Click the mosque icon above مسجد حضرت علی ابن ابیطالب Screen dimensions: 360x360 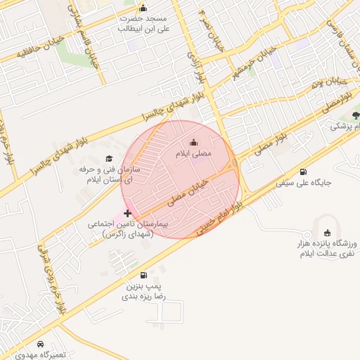click(x=143, y=9)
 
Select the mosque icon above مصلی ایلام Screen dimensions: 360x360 click(x=194, y=143)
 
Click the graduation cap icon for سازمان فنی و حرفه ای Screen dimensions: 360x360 click(x=108, y=158)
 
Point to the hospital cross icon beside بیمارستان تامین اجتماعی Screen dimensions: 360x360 click(x=127, y=212)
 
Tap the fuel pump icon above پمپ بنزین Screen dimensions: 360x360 click(x=144, y=276)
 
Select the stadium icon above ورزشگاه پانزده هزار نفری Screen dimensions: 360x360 click(x=327, y=233)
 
